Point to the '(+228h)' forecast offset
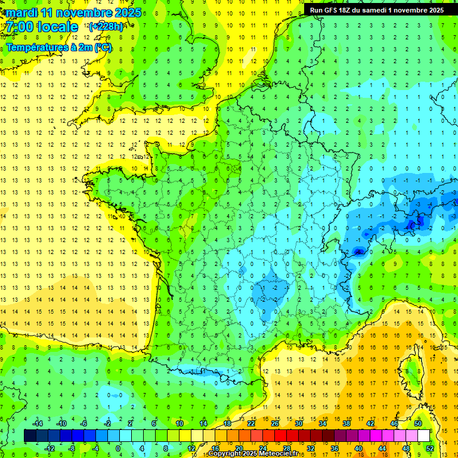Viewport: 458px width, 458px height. pyautogui.click(x=106, y=26)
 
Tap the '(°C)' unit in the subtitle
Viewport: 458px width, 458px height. pyautogui.click(x=102, y=47)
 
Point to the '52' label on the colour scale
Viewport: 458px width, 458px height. pyautogui.click(x=430, y=448)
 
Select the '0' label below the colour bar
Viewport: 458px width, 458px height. pyautogui.click(x=118, y=448)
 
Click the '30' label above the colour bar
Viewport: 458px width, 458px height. pyautogui.click(x=299, y=423)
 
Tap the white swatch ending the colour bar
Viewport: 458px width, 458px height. pyautogui.click(x=423, y=436)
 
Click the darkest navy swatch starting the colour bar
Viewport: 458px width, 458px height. pyautogui.click(x=30, y=436)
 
